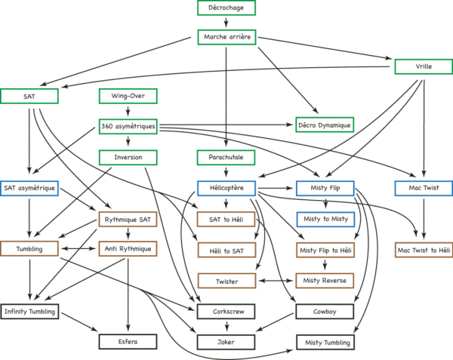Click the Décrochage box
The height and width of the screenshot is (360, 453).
(226, 8)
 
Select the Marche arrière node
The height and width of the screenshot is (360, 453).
(226, 37)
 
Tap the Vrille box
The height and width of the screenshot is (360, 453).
(424, 66)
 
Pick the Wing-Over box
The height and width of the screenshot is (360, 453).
(128, 96)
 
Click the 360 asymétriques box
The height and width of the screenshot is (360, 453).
(128, 127)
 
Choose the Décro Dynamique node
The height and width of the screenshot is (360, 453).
(325, 125)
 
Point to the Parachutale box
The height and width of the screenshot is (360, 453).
(226, 157)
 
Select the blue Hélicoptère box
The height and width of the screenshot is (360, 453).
(226, 188)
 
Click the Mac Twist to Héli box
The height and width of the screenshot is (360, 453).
(424, 250)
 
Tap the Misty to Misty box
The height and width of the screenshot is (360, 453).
(325, 219)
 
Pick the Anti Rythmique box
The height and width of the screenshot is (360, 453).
(128, 248)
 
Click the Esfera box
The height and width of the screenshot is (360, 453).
(128, 342)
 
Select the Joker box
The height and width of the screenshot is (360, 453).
(226, 342)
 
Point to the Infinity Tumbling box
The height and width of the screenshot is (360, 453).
(29, 312)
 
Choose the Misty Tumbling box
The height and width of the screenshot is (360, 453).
(325, 343)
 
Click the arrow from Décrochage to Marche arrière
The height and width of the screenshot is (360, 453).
(226, 23)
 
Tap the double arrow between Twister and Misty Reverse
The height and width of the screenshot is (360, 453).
(276, 281)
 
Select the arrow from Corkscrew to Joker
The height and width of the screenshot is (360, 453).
(226, 327)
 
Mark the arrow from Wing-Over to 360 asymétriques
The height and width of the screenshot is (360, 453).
(128, 111)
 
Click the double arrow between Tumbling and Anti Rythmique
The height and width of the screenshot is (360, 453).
(79, 248)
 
